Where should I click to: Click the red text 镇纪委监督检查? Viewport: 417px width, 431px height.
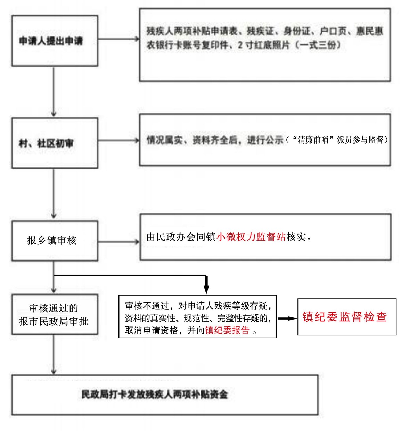344,317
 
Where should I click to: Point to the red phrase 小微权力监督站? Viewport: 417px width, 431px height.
251,237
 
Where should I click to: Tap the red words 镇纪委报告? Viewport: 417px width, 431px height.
227,330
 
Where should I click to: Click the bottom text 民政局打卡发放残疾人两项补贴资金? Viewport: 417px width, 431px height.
154,394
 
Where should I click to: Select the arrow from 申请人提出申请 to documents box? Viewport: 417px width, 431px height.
119,39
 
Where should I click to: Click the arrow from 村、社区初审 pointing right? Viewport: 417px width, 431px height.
119,140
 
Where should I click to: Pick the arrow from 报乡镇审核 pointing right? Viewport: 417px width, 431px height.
119,242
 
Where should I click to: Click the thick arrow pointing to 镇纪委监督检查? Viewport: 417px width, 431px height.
287,318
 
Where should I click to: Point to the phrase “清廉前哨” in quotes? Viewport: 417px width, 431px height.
313,140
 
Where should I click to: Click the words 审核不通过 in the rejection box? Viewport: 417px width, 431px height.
147,306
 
